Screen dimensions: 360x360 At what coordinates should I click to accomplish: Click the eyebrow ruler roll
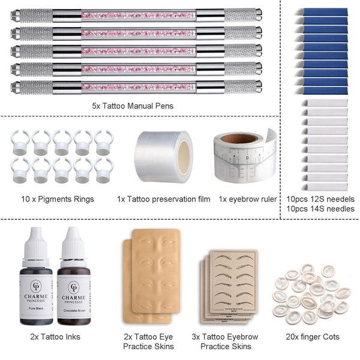click(x=243, y=157)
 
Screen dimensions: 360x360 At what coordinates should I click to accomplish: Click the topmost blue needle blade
click(x=325, y=12)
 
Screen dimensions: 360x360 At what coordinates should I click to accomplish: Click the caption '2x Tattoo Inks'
click(x=55, y=337)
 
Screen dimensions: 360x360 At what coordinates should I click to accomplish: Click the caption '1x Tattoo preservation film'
click(x=163, y=199)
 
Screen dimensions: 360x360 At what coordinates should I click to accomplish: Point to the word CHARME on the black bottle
click(x=36, y=295)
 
